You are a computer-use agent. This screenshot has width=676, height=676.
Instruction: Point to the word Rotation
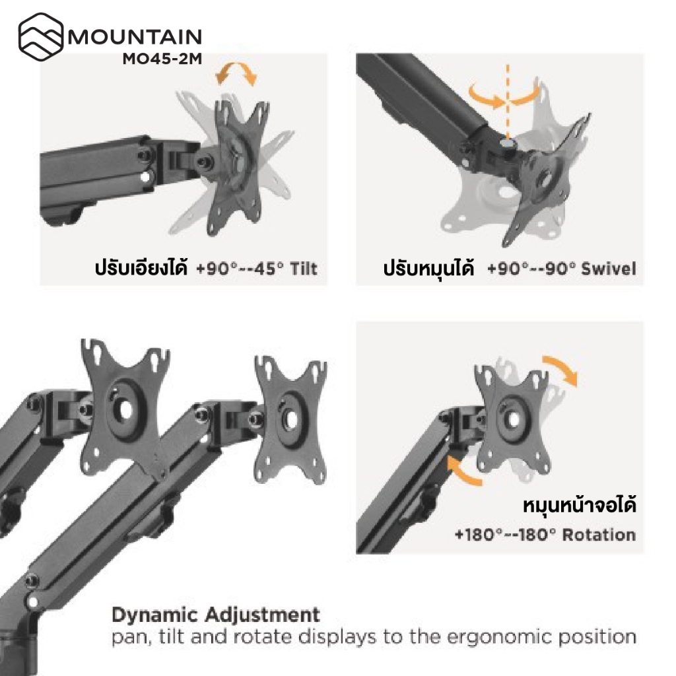(x=599, y=534)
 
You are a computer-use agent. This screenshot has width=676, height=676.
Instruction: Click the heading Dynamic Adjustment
(x=216, y=615)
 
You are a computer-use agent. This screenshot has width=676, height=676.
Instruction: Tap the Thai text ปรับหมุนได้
(x=429, y=269)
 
